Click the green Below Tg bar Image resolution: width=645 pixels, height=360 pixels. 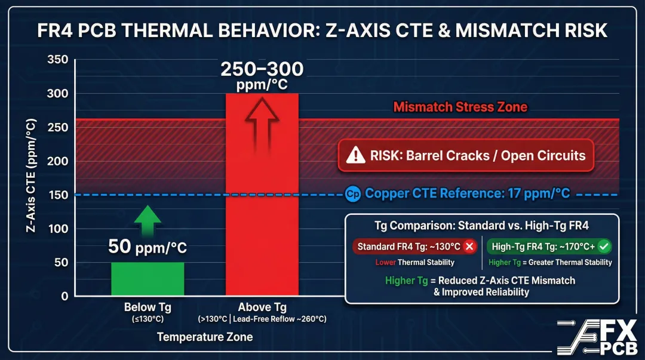pos(148,279)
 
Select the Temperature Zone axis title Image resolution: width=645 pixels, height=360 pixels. pos(205,337)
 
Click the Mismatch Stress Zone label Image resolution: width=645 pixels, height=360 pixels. pos(460,107)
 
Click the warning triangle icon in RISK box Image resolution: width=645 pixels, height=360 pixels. pos(357,156)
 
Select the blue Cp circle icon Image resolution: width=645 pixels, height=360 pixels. pos(353,193)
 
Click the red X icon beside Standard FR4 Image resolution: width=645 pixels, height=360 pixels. pos(469,247)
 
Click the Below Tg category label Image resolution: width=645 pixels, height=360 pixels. pos(148,307)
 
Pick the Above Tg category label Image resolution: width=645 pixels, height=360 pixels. pos(262,307)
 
